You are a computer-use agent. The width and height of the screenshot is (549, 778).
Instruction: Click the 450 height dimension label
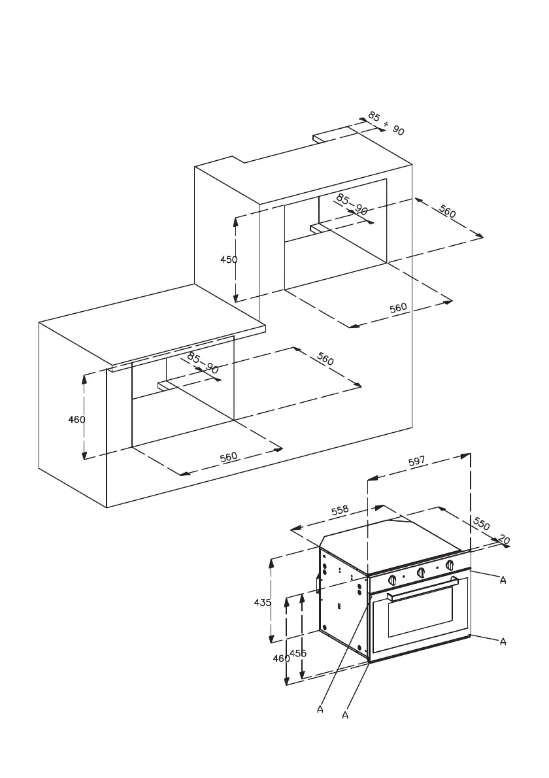(x=229, y=260)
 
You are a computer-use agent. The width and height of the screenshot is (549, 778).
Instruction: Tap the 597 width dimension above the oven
(x=417, y=462)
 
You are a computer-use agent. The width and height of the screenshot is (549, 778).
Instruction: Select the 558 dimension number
(x=339, y=510)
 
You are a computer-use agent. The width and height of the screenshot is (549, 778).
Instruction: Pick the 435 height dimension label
(x=262, y=603)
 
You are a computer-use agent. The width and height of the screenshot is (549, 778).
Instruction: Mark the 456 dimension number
(x=298, y=653)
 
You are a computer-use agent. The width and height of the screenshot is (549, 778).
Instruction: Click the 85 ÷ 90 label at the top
(x=386, y=123)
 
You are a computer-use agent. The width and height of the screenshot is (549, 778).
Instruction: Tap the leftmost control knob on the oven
(x=393, y=580)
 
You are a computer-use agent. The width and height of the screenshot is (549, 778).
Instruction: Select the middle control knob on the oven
(x=422, y=573)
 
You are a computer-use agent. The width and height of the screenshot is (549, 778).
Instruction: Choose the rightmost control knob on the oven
(x=450, y=566)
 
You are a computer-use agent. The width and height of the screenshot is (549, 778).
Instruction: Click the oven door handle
(x=422, y=588)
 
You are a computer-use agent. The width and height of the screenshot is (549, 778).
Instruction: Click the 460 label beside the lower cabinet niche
(x=77, y=420)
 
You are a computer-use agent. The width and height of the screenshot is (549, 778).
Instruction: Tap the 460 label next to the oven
(x=281, y=658)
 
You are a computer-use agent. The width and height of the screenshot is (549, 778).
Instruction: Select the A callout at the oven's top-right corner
(x=503, y=581)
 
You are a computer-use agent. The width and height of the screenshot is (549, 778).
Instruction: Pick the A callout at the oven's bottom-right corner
(x=503, y=642)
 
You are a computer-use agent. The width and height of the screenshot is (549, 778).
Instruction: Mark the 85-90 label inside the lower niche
(x=203, y=362)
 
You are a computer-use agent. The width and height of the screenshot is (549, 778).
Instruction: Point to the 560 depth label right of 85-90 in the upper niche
(x=448, y=212)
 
